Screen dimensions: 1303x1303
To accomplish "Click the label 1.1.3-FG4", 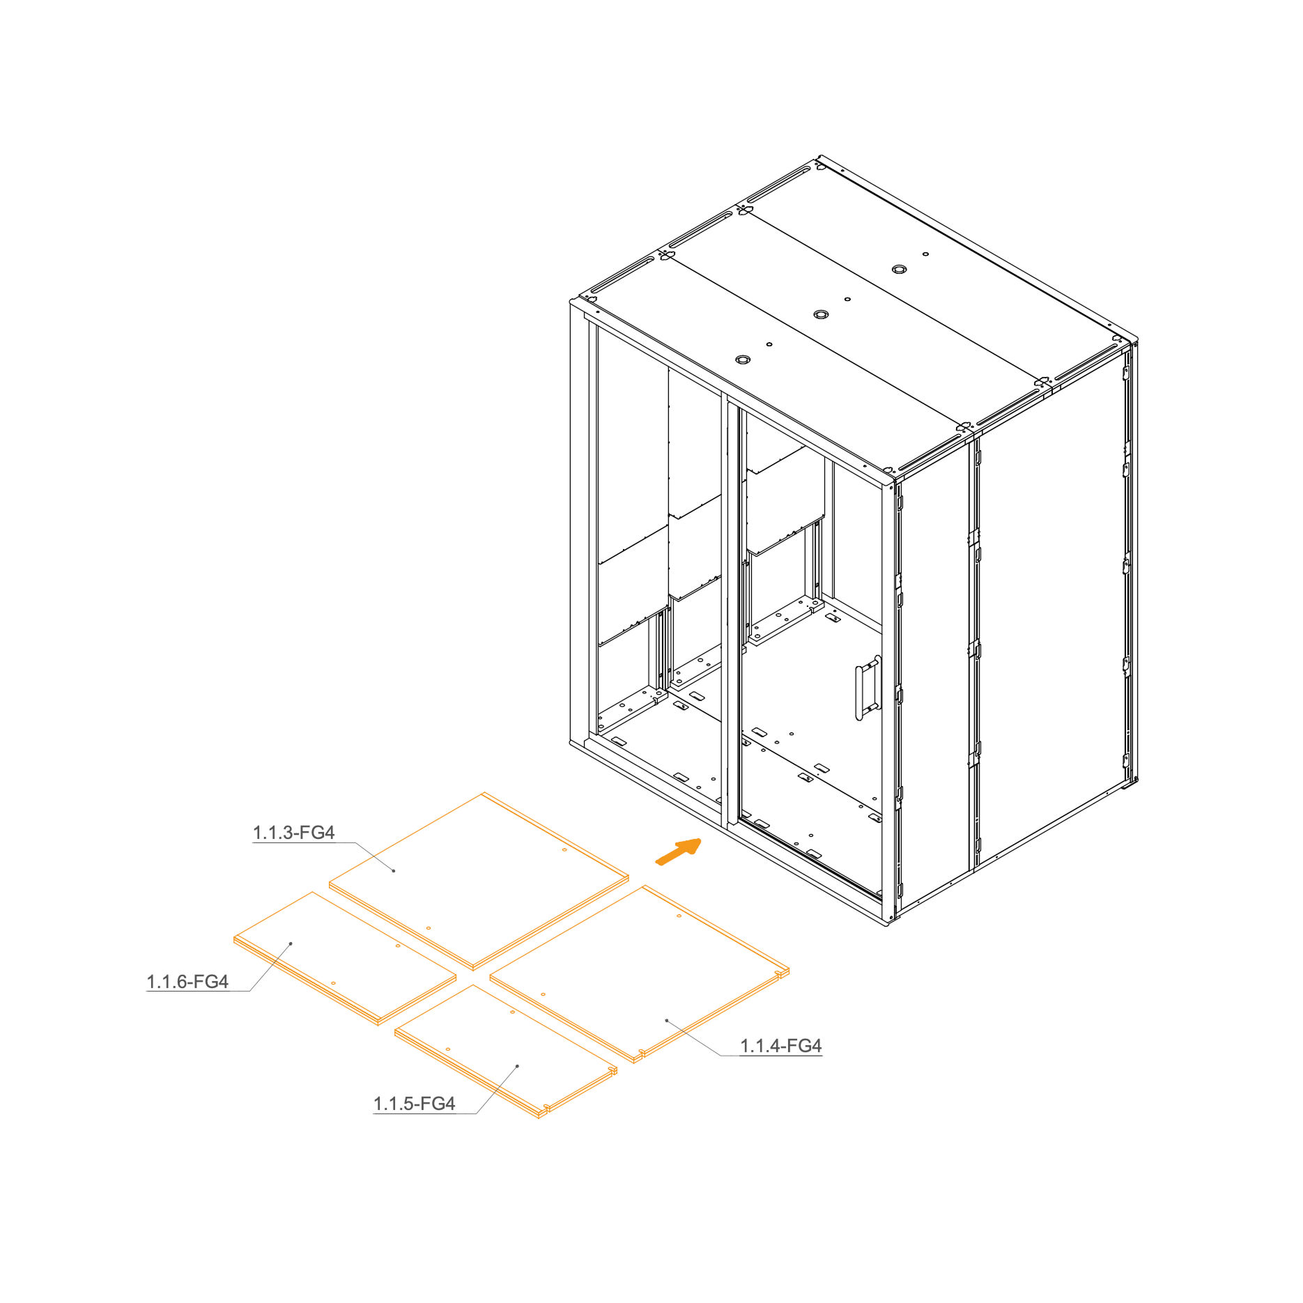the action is coord(293,833).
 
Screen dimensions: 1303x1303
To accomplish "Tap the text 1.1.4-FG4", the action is coord(780,1046).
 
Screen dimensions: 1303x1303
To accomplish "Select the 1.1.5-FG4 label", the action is coord(414,1104).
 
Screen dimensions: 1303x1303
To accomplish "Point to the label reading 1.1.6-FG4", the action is coord(187,982).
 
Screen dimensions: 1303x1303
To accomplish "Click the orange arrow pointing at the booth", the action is coord(679,851).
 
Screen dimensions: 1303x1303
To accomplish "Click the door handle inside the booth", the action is coord(868,688).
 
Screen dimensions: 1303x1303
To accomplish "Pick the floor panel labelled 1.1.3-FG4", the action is coord(479,881).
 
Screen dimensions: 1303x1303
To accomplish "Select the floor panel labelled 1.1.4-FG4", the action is coord(640,973).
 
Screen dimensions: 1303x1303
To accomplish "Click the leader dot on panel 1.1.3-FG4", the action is coord(394,871).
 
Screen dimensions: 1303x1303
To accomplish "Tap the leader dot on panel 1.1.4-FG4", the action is coord(667,1020).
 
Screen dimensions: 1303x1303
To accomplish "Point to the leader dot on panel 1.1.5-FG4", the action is coord(517,1066).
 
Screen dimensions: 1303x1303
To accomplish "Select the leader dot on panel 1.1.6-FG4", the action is coord(291,943).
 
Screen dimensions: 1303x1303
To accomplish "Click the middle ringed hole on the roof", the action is coord(822,314).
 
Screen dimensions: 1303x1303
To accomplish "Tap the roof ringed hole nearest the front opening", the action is coord(743,360).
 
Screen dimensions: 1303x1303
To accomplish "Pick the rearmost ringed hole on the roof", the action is coord(899,269).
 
